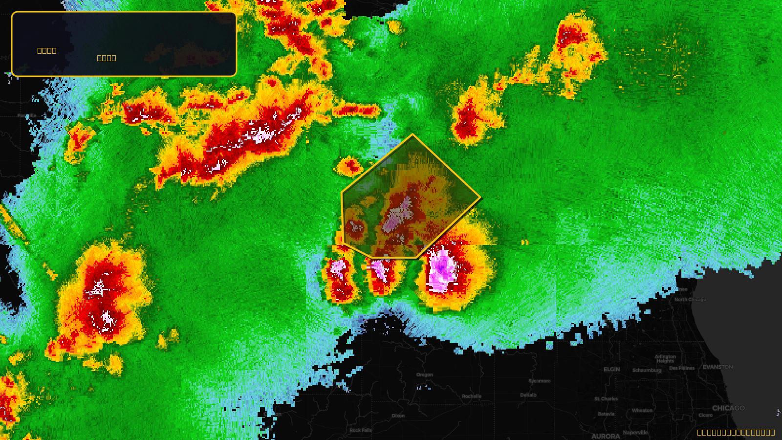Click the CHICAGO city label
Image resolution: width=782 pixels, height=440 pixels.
728,408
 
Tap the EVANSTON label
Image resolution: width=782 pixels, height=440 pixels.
717,367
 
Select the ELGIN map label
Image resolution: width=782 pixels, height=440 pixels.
611,370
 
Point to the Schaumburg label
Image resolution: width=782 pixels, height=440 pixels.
647,370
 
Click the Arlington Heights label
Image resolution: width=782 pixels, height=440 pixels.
665,359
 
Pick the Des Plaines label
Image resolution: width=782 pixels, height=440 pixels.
682,368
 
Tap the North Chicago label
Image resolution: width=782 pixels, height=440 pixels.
690,300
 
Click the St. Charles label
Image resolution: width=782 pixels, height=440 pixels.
606,399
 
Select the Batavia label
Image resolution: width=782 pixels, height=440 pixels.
606,414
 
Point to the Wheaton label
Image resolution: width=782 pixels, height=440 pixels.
642,411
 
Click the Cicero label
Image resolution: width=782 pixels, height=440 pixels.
705,415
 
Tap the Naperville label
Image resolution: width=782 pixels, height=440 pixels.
635,433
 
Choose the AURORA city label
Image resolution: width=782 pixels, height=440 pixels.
606,436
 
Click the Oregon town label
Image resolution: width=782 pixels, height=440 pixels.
425,375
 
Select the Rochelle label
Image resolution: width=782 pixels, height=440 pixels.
472,396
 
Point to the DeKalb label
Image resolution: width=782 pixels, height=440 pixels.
528,395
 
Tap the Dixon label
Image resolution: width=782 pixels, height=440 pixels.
398,416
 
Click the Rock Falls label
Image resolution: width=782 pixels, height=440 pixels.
361,431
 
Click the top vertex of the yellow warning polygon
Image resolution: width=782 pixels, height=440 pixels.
413,134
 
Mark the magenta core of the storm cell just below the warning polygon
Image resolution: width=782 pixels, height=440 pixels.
441,267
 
